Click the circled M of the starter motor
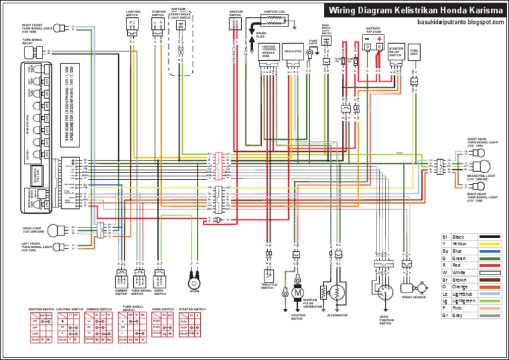point(298,292)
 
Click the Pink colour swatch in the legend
point(488,308)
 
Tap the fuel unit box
point(414,56)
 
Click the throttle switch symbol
point(268,274)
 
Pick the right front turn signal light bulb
point(59,27)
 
